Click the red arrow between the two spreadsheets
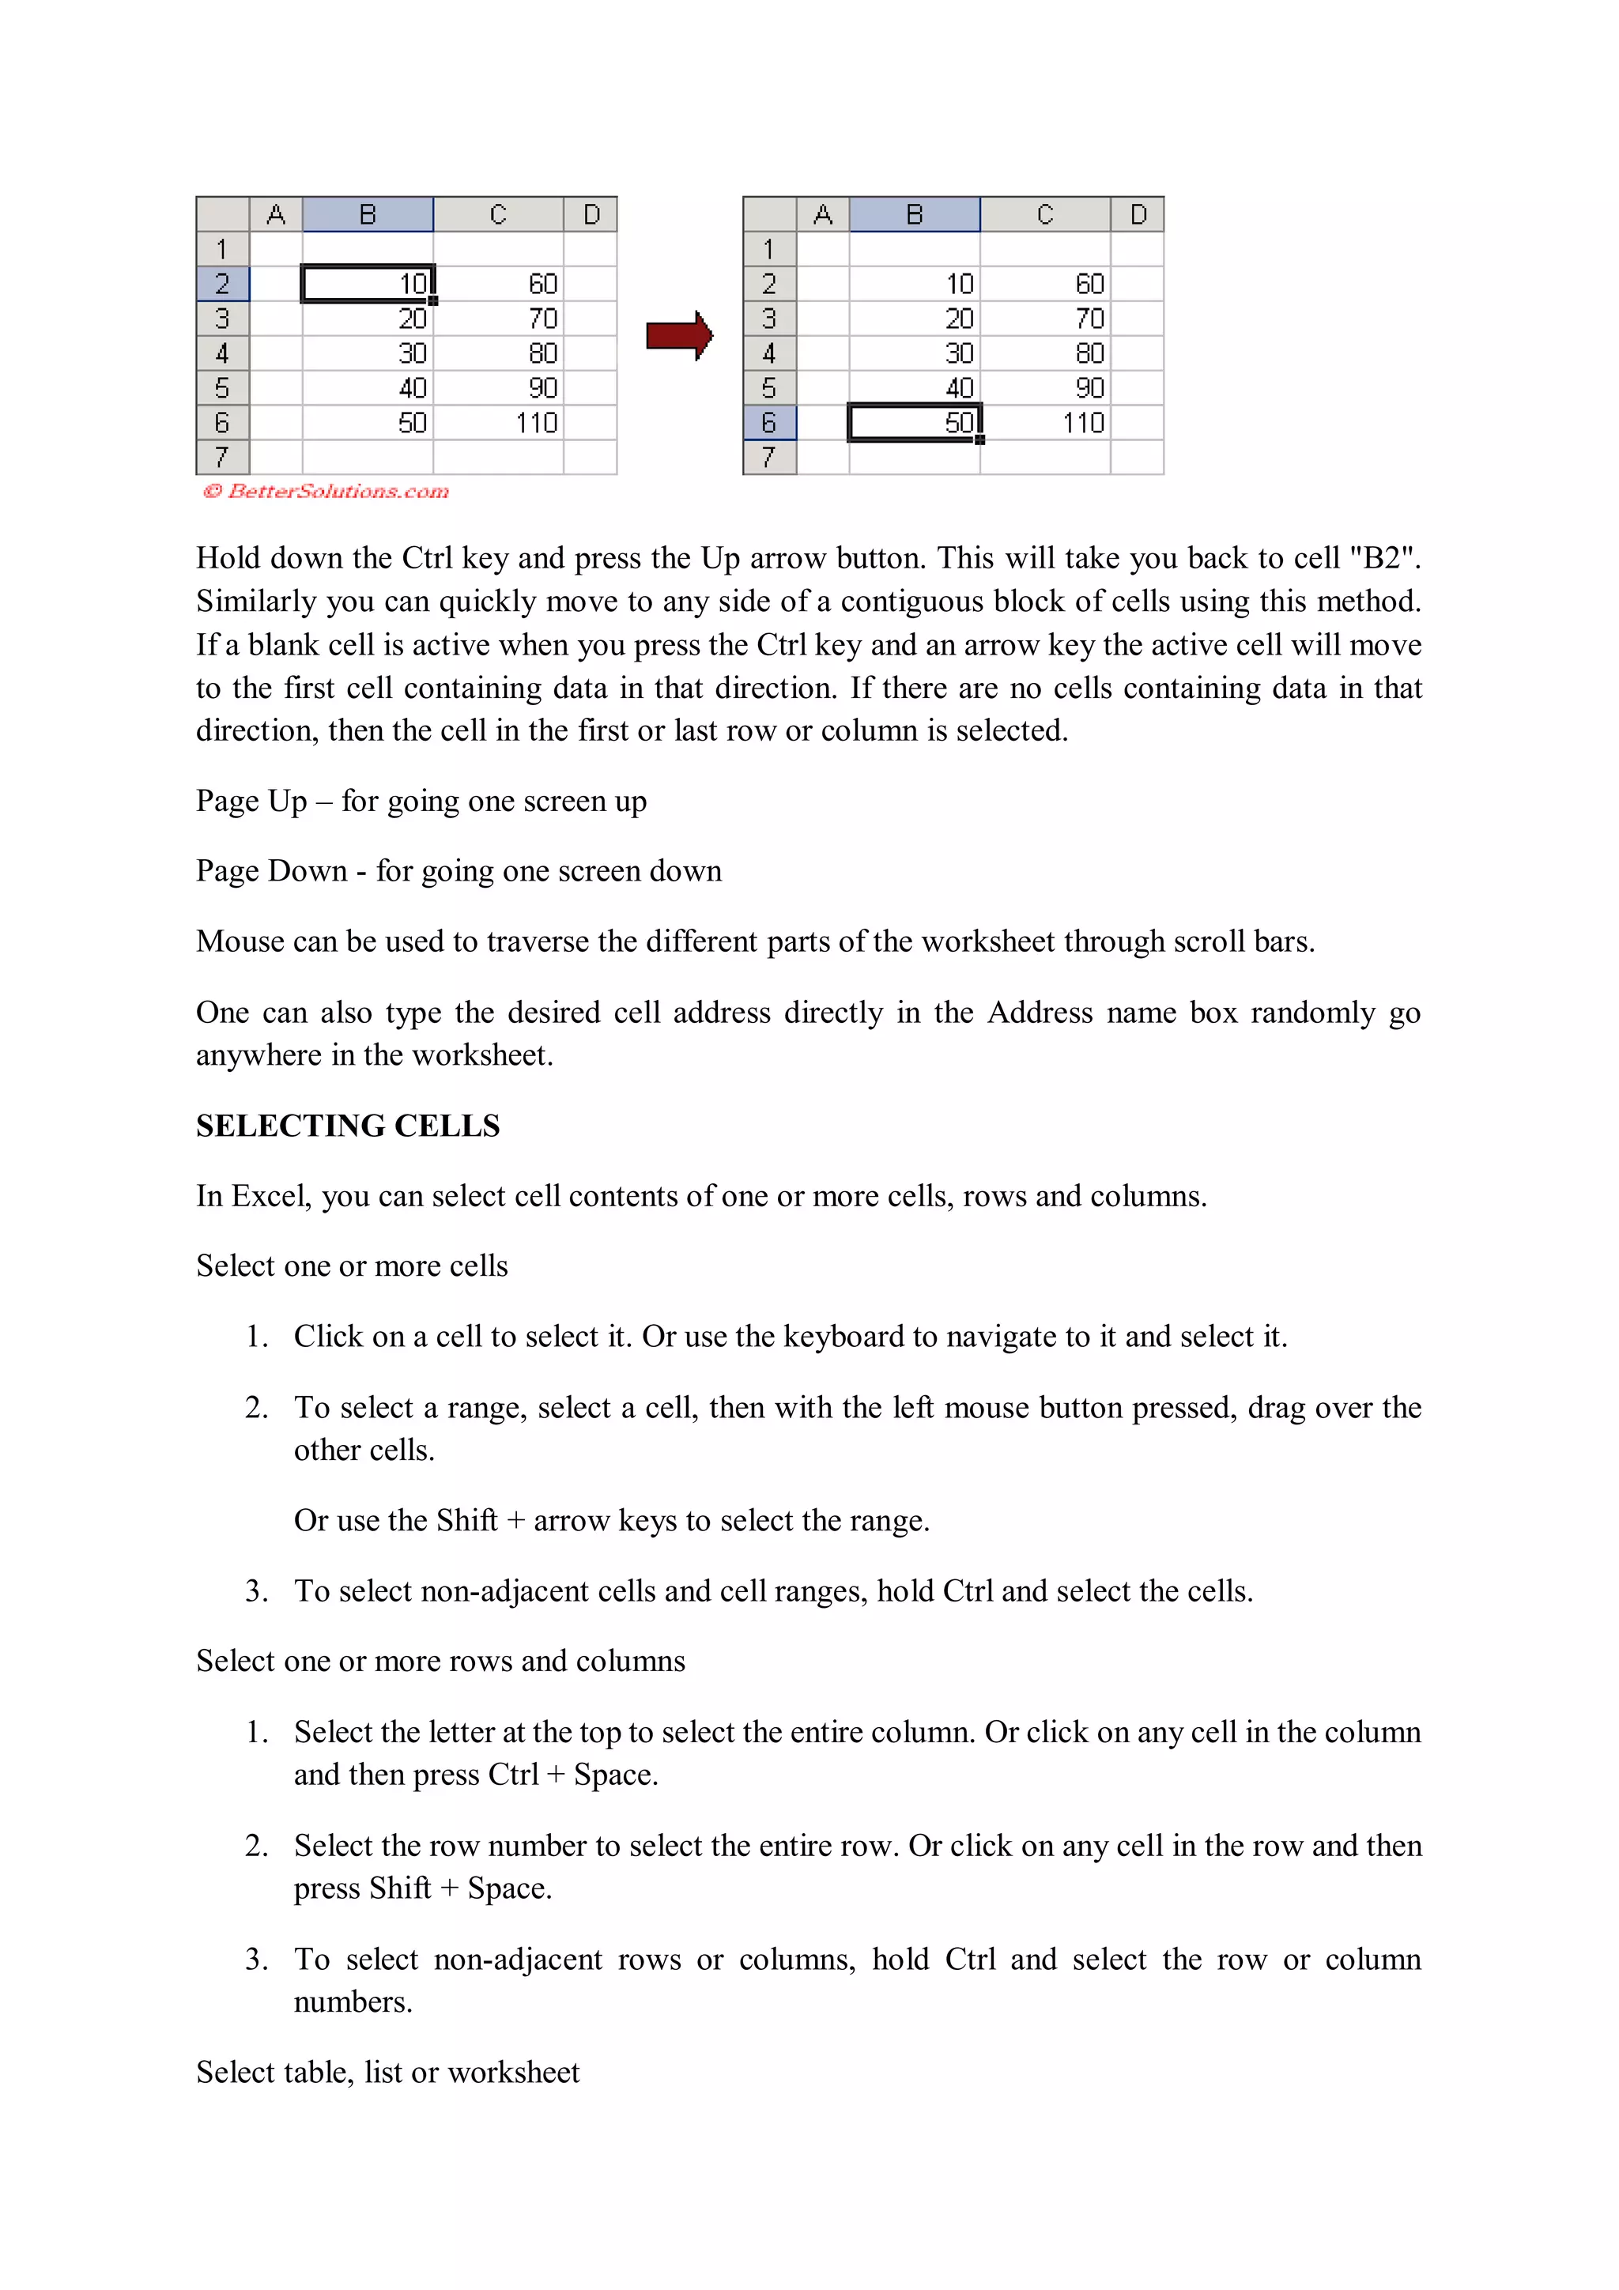coord(678,335)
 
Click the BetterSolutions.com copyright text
coord(326,491)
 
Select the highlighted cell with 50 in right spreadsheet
coord(914,423)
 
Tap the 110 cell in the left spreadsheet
coord(499,423)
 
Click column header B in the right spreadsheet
coord(914,214)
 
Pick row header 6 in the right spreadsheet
coord(769,423)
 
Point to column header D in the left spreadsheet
coord(591,214)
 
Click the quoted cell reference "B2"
coord(1382,557)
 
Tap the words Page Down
coord(270,871)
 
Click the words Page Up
coord(251,801)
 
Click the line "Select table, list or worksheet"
coord(387,2072)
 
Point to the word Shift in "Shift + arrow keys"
coord(466,1520)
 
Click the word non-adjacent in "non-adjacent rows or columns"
coord(518,1959)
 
